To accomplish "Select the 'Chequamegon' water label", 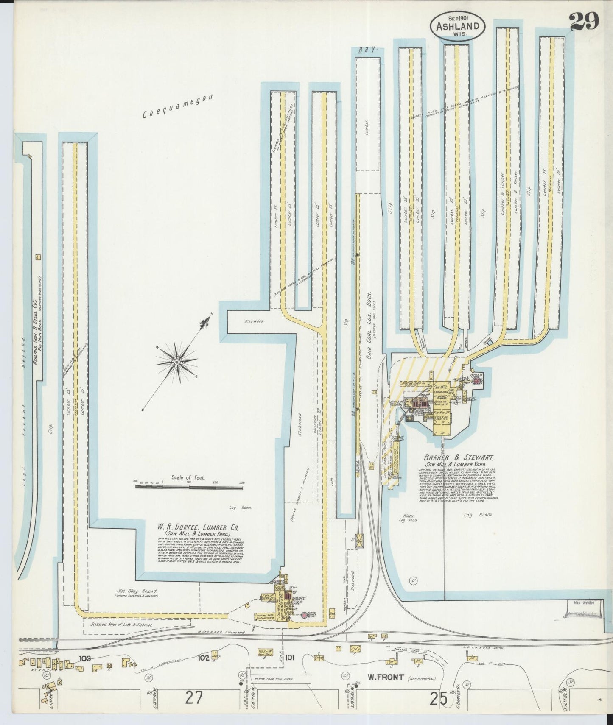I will [177, 106].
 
